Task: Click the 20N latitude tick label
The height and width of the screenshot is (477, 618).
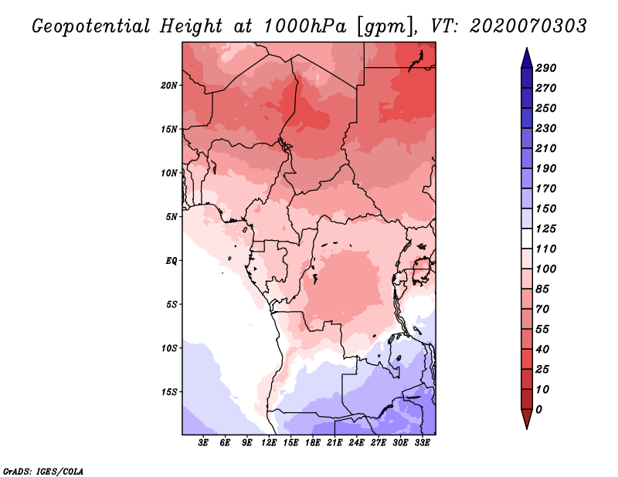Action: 169,86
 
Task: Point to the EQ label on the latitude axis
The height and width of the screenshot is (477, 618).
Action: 171,261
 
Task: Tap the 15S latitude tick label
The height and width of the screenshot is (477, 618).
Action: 169,392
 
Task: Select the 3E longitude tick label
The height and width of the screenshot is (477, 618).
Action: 203,442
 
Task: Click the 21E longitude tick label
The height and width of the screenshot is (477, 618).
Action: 334,442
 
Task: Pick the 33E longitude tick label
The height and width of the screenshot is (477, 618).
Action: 422,442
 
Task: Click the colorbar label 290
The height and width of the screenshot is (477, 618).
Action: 546,68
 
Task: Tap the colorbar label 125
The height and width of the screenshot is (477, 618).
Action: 546,228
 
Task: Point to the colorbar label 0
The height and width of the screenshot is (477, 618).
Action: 539,410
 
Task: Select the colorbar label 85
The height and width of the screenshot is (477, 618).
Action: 542,289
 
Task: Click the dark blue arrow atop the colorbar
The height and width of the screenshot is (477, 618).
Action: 527,58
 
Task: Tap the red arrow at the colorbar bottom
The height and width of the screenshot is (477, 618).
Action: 527,419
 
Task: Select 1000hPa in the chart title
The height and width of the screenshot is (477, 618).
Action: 305,26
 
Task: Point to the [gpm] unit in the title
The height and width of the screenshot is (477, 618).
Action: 387,27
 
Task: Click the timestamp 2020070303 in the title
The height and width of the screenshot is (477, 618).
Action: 528,26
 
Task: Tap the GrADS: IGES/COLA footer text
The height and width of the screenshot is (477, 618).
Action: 43,472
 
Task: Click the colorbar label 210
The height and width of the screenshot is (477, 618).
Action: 546,148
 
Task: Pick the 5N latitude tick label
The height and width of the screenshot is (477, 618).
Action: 171,217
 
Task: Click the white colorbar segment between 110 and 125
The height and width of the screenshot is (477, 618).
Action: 527,238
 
